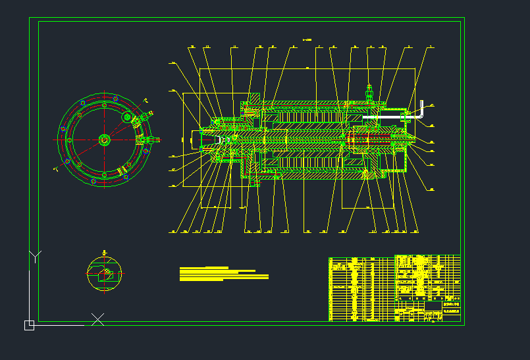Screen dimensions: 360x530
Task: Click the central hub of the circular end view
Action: [104, 140]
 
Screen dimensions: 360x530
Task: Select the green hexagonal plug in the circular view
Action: [128, 118]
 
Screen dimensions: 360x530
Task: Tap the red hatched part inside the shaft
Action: [369, 140]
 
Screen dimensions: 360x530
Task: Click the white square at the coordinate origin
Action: [29, 325]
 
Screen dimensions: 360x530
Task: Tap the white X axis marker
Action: [97, 320]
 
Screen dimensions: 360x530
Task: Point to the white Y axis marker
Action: [35, 256]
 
